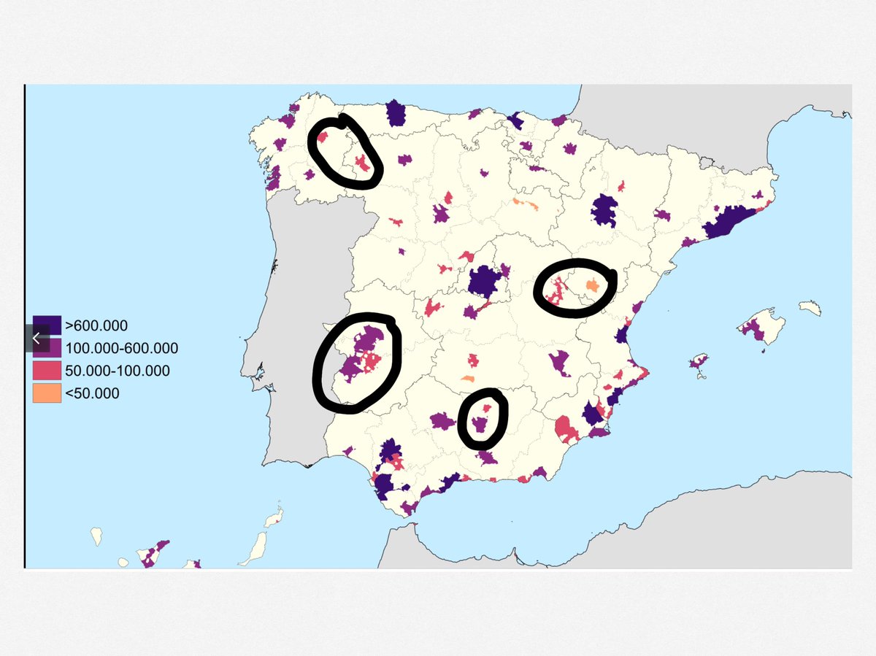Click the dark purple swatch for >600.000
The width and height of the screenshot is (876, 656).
pos(47,326)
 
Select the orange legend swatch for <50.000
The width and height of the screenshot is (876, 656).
pos(47,393)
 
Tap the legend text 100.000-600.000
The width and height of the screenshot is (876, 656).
pos(121,349)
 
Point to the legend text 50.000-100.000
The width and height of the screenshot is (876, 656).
pos(117,371)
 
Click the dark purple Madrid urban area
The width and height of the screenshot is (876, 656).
pos(483,281)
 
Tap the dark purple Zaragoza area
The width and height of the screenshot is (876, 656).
pos(604,211)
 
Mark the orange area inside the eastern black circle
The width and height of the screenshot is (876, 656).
pos(593,285)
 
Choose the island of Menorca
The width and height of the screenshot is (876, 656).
pos(810,309)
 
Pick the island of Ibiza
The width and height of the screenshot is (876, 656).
pos(699,361)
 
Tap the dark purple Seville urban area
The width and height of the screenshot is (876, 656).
pos(390,451)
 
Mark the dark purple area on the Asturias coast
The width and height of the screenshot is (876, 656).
pos(396,113)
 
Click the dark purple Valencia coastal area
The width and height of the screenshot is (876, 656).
pos(623,335)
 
